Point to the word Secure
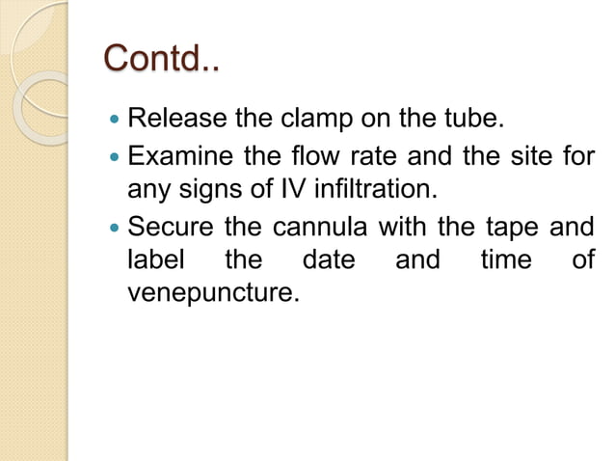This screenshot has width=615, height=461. [168, 229]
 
